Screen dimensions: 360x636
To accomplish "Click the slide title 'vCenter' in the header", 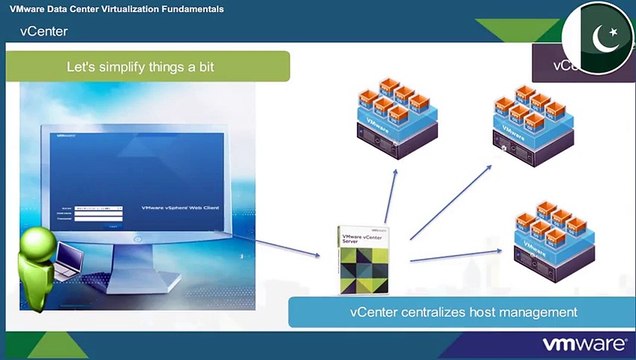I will pos(44,31).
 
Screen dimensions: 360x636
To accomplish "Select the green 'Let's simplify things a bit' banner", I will pos(148,67).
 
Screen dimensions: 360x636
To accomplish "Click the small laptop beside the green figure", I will pos(67,264).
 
